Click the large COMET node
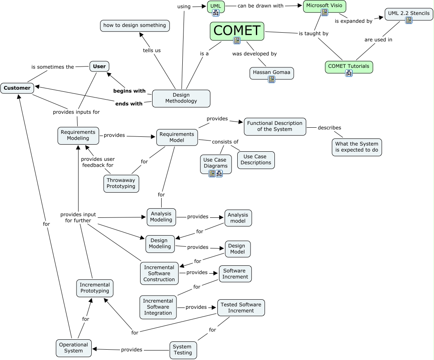pyautogui.click(x=237, y=31)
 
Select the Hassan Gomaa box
pyautogui.click(x=271, y=72)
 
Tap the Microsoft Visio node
pyautogui.click(x=324, y=6)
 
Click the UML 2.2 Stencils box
pyautogui.click(x=409, y=14)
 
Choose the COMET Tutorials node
pyautogui.click(x=348, y=66)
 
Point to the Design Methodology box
pyautogui.click(x=181, y=98)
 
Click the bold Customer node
pyautogui.click(x=17, y=88)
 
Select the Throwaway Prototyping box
pyautogui.click(x=121, y=183)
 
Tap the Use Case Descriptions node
pyautogui.click(x=255, y=160)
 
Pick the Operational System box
pyautogui.click(x=74, y=348)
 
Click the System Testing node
pyautogui.click(x=182, y=350)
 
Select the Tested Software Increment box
pyautogui.click(x=241, y=308)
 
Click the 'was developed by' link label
pyautogui.click(x=254, y=54)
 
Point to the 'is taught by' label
pyautogui.click(x=313, y=33)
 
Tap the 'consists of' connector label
pyautogui.click(x=225, y=142)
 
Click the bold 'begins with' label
pyautogui.click(x=129, y=91)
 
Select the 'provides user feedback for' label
pyautogui.click(x=98, y=162)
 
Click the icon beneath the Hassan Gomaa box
pyautogui.click(x=272, y=79)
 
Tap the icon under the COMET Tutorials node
pyautogui.click(x=349, y=73)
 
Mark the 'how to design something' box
pyautogui.click(x=135, y=26)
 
